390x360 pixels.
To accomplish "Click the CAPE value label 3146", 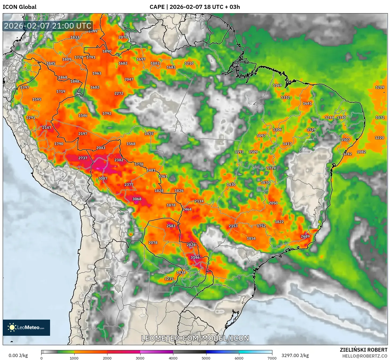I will (x=195, y=257).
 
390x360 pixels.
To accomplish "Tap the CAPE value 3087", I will (x=103, y=178).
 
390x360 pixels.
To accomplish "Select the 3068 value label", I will (x=137, y=199).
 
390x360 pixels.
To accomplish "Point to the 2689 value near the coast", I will (x=305, y=236).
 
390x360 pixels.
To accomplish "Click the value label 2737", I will (x=83, y=158).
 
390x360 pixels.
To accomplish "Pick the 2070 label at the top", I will (x=123, y=37).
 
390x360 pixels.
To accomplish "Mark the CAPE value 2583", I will (x=171, y=226).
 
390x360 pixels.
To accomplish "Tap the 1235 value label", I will (x=169, y=279).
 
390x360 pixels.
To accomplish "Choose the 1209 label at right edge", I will (x=380, y=87).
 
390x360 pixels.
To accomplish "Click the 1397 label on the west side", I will (x=25, y=87).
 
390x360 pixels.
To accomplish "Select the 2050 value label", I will (x=273, y=203).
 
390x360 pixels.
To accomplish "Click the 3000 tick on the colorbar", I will (x=140, y=358).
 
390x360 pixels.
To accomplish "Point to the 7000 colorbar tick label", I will (x=272, y=358).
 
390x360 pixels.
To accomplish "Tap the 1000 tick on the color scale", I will (x=74, y=358).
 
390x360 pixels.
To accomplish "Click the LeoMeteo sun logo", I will (x=12, y=327).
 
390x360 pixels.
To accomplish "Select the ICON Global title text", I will (x=19, y=7).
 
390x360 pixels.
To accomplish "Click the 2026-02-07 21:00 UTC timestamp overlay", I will (x=48, y=26).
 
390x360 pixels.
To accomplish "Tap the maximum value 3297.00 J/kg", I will (x=295, y=355).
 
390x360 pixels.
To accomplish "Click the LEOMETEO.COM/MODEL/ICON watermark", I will (x=195, y=338).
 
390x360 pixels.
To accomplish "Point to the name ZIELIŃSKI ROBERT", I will (x=363, y=350).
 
